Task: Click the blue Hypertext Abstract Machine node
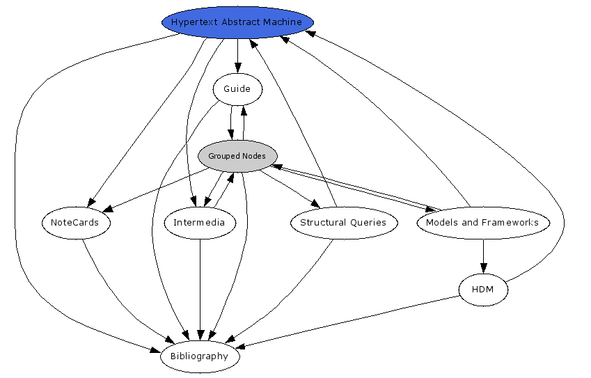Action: point(237,22)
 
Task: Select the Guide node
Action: point(237,89)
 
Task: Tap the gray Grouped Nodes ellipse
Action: point(237,156)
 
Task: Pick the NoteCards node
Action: point(74,223)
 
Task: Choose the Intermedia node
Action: point(200,223)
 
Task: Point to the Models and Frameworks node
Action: point(482,223)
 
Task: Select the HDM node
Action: point(483,290)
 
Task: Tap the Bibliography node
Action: point(200,356)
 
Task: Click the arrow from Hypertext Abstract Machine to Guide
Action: point(237,56)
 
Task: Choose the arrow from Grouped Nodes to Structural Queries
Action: point(289,189)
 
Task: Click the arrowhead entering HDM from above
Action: point(483,269)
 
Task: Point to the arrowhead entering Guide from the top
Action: point(237,68)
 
